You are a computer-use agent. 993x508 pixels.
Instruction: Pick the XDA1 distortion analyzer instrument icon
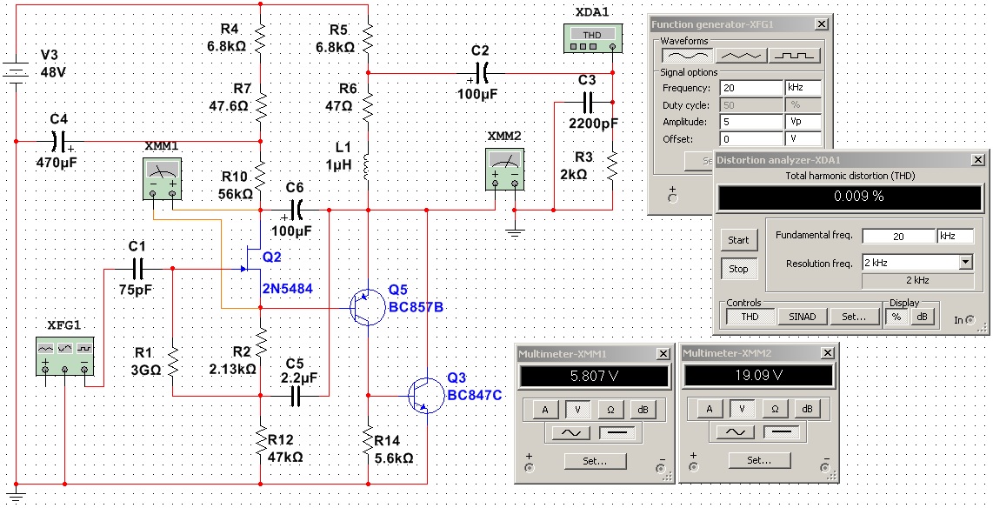pos(591,36)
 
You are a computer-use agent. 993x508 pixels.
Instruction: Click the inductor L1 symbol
pos(367,164)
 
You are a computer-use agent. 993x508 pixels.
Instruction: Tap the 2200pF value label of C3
pos(595,123)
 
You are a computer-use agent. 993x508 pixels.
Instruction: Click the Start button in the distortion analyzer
pos(738,240)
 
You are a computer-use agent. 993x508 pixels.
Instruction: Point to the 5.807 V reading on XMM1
pos(595,376)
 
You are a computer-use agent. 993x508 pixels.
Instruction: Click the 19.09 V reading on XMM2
pos(759,376)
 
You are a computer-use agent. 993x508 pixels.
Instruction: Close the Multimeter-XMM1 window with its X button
pos(663,353)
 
